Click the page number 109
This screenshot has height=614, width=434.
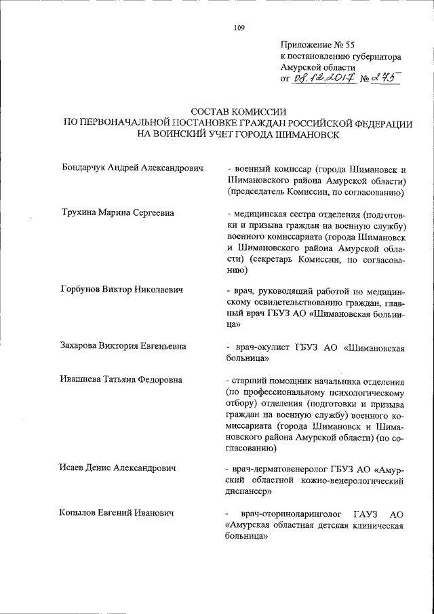(239, 28)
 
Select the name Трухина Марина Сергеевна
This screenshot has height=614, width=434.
(117, 212)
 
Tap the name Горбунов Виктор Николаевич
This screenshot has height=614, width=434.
(122, 290)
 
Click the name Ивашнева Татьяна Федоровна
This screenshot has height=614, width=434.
(121, 380)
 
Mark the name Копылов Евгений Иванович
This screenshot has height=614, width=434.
(117, 513)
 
